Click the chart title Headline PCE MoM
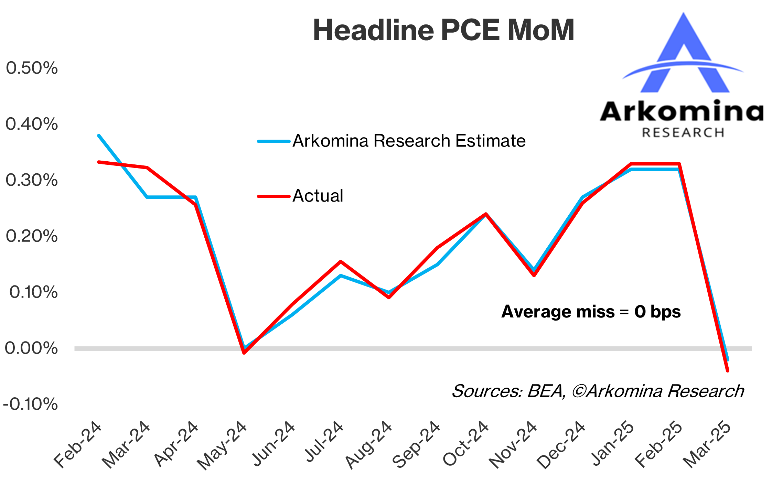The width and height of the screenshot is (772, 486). click(443, 30)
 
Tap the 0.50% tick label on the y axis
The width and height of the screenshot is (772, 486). click(32, 68)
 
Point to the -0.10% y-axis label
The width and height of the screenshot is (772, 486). click(30, 404)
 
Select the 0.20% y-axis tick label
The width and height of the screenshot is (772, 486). click(32, 236)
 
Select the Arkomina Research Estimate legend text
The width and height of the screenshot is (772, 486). click(409, 141)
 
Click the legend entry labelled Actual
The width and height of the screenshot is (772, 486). click(318, 196)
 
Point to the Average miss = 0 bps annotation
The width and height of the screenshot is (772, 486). click(591, 312)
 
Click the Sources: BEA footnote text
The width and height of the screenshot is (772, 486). click(597, 391)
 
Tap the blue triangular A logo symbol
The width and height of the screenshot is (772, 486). click(684, 55)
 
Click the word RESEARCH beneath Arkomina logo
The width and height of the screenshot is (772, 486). click(683, 133)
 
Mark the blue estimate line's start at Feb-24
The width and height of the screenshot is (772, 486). click(99, 136)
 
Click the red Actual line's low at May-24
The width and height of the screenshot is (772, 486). click(244, 353)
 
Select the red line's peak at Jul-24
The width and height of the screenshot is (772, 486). click(341, 262)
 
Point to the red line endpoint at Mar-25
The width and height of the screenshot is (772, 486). click(727, 370)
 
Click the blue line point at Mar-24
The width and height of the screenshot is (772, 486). click(147, 197)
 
